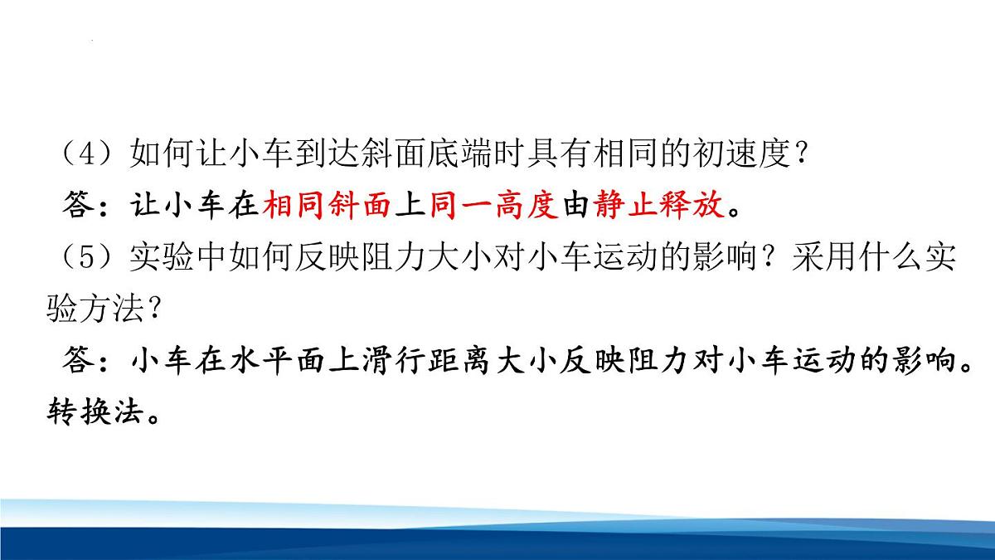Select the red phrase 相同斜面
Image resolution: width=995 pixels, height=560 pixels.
[329, 207]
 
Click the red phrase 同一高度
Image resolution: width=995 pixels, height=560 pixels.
[495, 207]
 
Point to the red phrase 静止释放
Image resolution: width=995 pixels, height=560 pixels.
[660, 207]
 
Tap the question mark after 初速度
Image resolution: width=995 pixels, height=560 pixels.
[799, 156]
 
